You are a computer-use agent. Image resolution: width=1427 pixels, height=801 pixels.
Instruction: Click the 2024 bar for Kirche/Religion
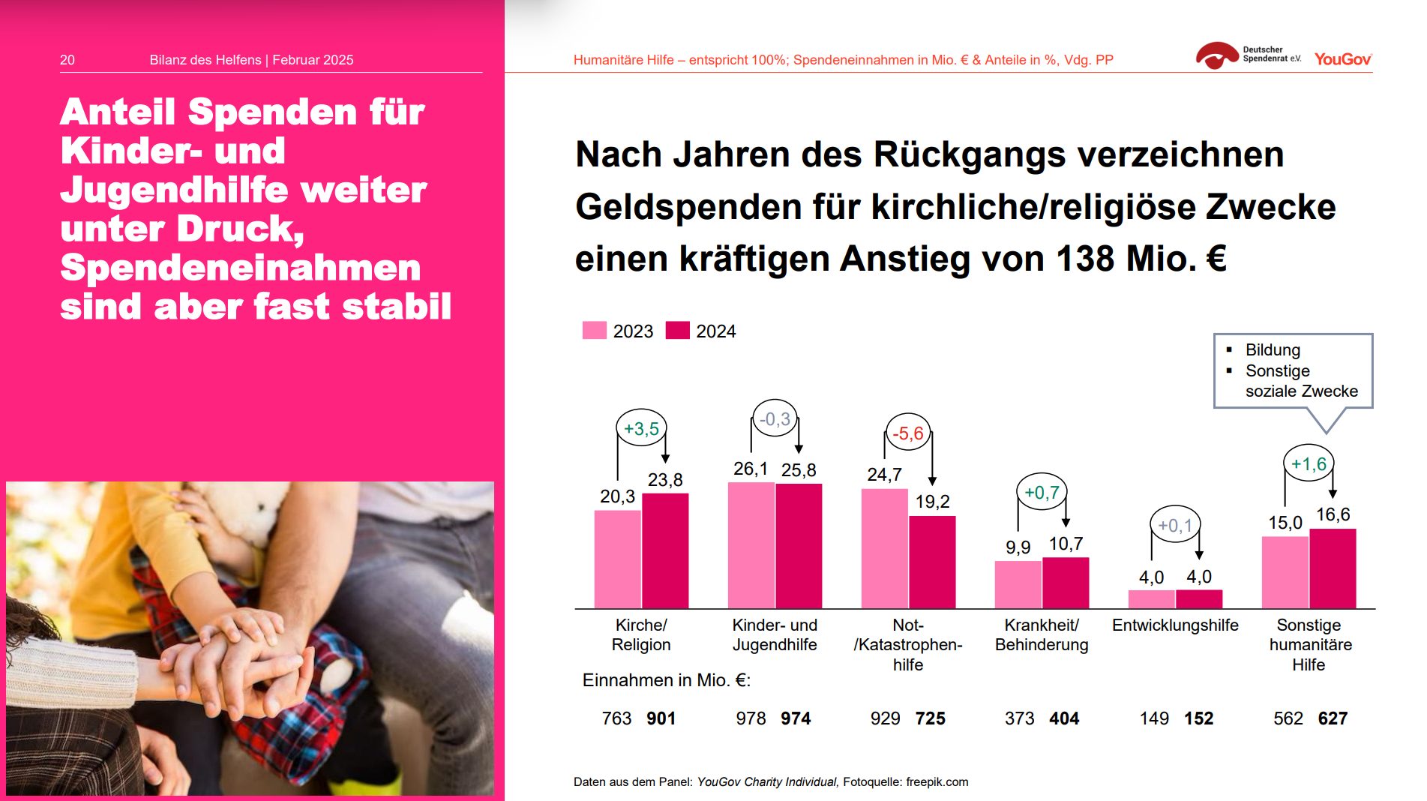pos(665,551)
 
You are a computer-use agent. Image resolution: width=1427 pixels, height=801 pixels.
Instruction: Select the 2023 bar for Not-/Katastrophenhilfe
pos(884,549)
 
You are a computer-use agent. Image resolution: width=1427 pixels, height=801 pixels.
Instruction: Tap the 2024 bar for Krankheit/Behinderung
pos(1066,583)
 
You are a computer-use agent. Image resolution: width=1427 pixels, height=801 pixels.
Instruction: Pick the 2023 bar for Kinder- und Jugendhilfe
pos(751,545)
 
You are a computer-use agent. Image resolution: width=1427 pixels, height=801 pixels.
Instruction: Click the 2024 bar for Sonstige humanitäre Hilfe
pos(1333,568)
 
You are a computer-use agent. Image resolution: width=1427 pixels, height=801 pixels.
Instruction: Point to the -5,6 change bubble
pos(908,433)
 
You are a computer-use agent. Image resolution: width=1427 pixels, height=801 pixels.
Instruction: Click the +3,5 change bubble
pos(641,429)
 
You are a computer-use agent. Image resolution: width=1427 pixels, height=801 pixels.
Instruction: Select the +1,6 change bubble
pos(1309,464)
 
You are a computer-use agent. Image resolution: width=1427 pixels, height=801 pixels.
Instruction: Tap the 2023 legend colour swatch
pos(594,331)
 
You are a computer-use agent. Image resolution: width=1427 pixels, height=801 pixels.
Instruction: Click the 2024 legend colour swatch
pos(677,331)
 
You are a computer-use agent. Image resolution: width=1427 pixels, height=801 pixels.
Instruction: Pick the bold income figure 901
pos(661,718)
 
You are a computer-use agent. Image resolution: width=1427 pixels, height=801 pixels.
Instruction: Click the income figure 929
pos(885,718)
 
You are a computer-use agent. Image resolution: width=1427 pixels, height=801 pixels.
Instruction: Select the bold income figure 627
pos(1333,718)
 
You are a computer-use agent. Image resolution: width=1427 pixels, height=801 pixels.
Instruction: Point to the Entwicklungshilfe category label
pos(1175,625)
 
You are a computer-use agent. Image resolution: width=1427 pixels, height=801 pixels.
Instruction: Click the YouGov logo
pos(1342,59)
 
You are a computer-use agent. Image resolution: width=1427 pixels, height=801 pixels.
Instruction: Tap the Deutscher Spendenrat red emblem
pos(1216,55)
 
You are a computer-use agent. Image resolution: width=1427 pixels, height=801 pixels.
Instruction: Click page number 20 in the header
pos(67,60)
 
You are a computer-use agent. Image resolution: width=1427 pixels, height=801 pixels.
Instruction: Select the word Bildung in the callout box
pos(1273,350)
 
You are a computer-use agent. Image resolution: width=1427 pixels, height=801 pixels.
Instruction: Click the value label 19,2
pos(932,502)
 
